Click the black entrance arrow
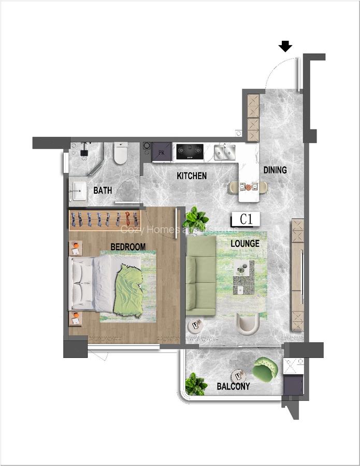coord(285,47)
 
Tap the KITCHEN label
coord(192,176)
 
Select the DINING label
coord(275,170)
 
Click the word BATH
coord(103,191)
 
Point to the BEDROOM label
coord(128,247)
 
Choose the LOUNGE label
coord(244,243)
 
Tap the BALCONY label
coord(233,386)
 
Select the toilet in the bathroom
coord(121,153)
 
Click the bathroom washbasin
coord(80,190)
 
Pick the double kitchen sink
coord(225,151)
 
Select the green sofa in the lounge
coord(200,276)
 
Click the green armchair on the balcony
coord(265,369)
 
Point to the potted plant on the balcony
coord(196,384)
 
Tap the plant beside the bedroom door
coord(196,219)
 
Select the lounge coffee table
coord(243,277)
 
